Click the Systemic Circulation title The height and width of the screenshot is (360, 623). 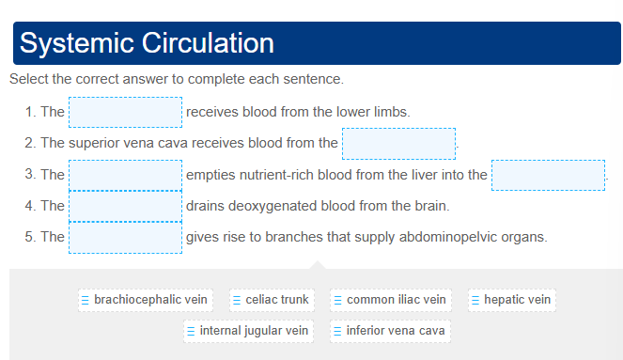[147, 43]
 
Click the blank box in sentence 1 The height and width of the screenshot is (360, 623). [125, 113]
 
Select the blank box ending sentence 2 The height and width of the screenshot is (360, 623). [398, 144]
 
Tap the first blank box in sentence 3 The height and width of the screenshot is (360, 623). [125, 175]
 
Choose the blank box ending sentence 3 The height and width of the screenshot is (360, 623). [548, 175]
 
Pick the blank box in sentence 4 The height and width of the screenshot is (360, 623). [125, 206]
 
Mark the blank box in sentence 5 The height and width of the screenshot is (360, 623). [125, 237]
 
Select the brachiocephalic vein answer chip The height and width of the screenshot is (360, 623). [145, 300]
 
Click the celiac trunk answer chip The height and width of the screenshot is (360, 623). [272, 300]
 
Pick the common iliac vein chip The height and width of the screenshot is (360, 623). [390, 300]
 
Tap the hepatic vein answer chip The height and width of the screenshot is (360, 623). [511, 300]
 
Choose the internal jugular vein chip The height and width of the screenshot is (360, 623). [248, 331]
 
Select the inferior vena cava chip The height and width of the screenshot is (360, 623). [389, 331]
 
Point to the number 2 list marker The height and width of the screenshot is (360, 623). [30, 144]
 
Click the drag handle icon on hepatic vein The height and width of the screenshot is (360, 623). [475, 300]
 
